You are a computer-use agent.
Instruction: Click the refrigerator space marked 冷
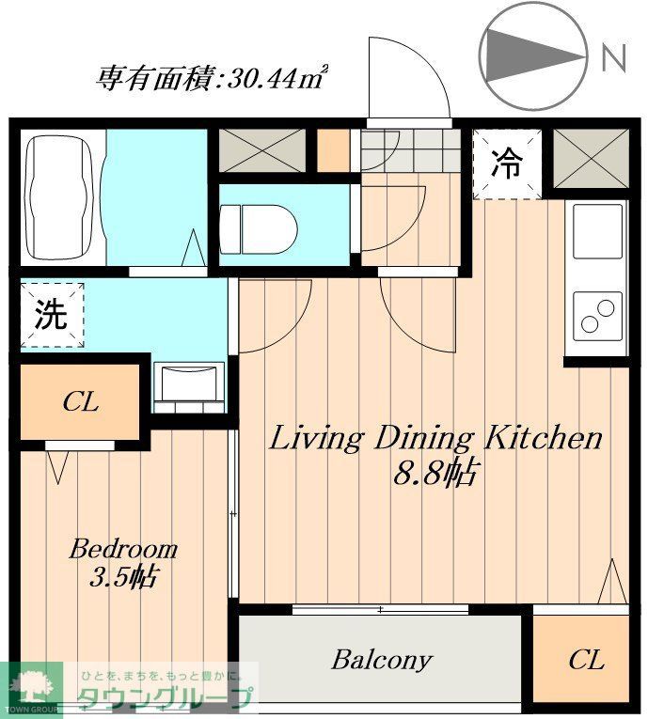click(x=507, y=164)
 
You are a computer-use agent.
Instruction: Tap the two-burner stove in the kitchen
click(x=596, y=314)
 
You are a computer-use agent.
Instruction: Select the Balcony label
click(x=381, y=660)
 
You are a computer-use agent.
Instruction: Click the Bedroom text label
click(x=123, y=549)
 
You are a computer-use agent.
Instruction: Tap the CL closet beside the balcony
click(x=586, y=661)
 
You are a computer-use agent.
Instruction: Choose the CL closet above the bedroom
click(x=81, y=403)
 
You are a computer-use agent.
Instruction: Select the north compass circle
click(x=532, y=57)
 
